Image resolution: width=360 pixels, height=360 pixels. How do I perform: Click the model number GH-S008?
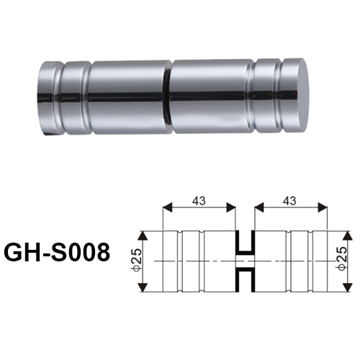(57, 252)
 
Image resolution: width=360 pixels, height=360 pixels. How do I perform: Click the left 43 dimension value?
(199, 201)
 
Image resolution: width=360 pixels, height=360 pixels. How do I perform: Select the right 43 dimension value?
(289, 201)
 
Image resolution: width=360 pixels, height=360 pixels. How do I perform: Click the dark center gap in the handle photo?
(168, 98)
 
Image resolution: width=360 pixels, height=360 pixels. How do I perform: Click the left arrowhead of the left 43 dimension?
(168, 207)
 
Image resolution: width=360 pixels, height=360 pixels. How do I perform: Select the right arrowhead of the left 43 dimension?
(231, 207)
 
